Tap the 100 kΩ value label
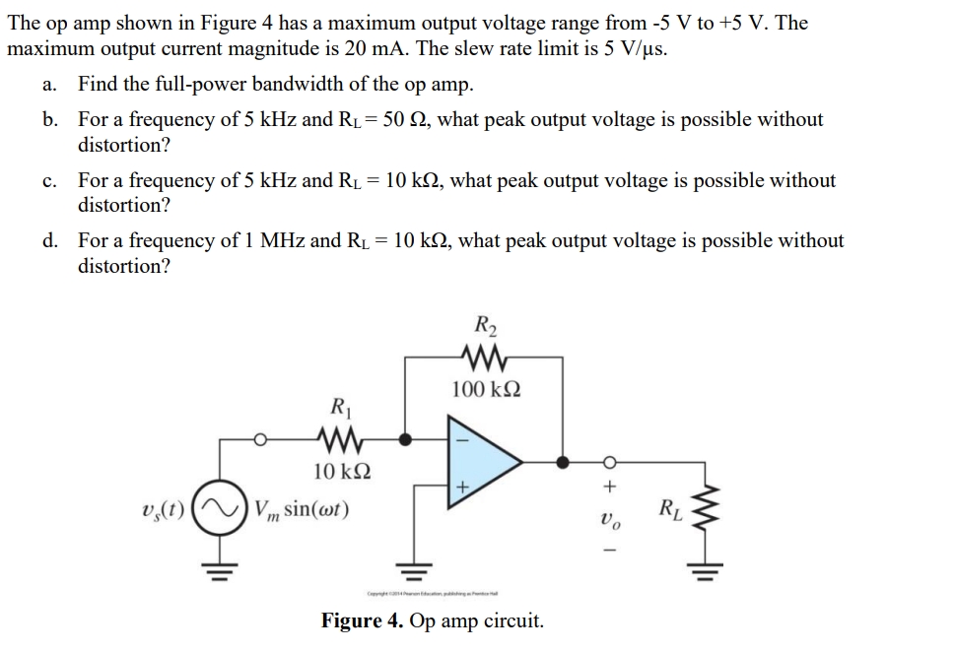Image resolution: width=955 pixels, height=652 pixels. click(x=485, y=388)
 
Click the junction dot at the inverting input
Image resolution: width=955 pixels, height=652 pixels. click(x=403, y=435)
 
